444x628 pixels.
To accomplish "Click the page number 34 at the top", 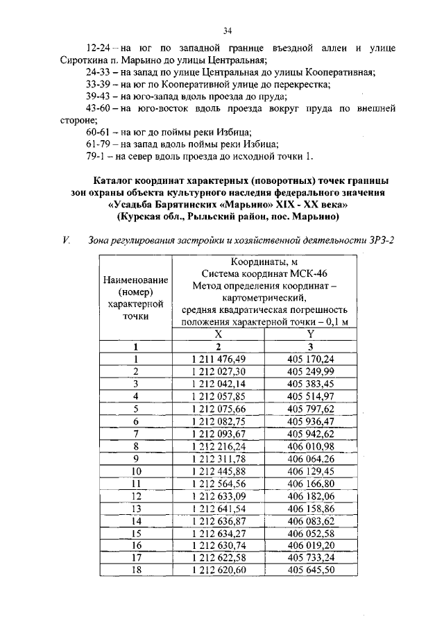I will tap(227, 31).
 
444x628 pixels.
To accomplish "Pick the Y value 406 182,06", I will tap(311, 496).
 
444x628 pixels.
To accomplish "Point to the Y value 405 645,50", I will tap(311, 570).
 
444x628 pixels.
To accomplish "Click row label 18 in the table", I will tap(136, 570).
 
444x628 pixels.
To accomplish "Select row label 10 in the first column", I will tap(136, 471).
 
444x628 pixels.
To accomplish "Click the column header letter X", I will tap(219, 334).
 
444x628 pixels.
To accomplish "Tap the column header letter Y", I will tap(311, 334).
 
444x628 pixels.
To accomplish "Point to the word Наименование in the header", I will tap(136, 280).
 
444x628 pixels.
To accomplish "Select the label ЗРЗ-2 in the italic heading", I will tap(370, 241).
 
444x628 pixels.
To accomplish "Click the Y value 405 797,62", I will tap(311, 409).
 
